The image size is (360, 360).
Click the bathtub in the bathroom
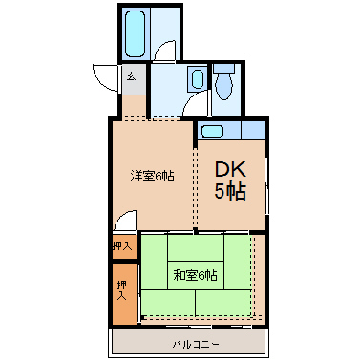point(135,34)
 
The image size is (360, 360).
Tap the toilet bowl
point(224,87)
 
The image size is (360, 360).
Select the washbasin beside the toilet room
point(198,78)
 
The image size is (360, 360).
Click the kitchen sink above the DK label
point(212,131)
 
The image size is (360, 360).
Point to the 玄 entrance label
point(132,76)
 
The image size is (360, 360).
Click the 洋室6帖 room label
point(152,176)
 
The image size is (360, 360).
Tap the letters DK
point(230,170)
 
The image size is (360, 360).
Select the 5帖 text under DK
point(230,192)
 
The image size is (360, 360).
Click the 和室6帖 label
point(196,275)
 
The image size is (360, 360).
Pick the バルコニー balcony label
point(196,344)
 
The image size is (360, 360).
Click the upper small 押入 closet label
point(122,245)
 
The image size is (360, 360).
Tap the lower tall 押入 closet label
point(122,290)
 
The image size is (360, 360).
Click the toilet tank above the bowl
point(224,68)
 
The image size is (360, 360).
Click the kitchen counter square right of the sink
point(253,130)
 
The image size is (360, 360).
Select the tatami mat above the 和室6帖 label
point(196,247)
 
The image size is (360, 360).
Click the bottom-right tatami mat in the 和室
point(223,303)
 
